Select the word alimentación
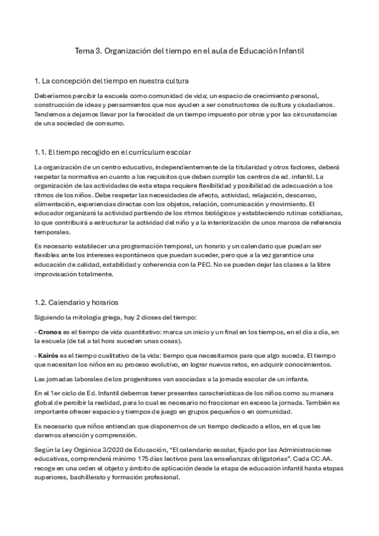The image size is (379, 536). pyautogui.click(x=54, y=205)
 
